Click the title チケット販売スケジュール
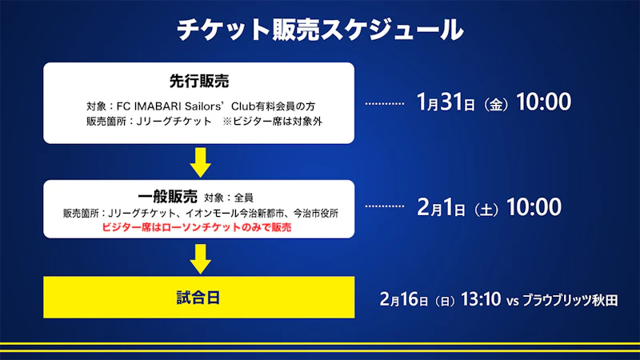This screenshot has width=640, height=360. (x=320, y=30)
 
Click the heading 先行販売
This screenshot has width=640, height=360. (x=199, y=82)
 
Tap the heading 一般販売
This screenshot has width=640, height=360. (x=168, y=197)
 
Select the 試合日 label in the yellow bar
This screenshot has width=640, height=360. (x=198, y=298)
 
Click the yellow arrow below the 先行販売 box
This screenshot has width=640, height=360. (x=200, y=162)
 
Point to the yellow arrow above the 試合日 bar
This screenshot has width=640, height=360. (x=200, y=258)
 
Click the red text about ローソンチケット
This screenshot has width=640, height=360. (x=196, y=227)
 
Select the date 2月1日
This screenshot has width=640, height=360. (x=441, y=207)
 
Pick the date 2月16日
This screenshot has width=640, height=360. (x=404, y=299)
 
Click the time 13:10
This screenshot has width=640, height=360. (x=481, y=299)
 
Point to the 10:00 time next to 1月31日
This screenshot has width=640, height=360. (x=544, y=102)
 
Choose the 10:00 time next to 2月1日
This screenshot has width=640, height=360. (x=534, y=207)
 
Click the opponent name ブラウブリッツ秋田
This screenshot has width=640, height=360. (x=570, y=301)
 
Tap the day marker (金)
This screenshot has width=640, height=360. (x=495, y=105)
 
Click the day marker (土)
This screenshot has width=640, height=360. (x=486, y=210)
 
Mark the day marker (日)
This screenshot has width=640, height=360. (x=445, y=302)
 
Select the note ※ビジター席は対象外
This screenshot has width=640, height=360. (x=272, y=122)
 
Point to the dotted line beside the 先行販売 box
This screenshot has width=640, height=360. (x=385, y=104)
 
